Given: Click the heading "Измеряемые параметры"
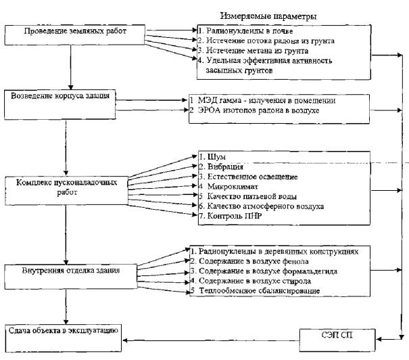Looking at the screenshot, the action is click(x=268, y=16).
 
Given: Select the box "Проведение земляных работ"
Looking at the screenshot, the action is click(x=75, y=35).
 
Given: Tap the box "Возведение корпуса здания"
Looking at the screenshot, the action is click(x=60, y=105).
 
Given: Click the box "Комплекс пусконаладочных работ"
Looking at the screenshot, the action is click(x=66, y=191).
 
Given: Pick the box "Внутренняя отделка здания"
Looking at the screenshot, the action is click(x=71, y=277).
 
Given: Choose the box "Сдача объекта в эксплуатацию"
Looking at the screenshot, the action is click(x=64, y=338).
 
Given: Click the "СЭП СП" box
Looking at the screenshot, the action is click(x=337, y=340).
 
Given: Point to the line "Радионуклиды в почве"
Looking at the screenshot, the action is click(x=245, y=31).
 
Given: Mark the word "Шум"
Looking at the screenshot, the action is click(x=217, y=157).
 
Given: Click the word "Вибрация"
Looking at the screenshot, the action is click(x=225, y=166).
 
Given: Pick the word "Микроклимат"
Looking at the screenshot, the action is click(x=233, y=187).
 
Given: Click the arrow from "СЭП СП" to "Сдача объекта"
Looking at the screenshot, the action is click(x=211, y=340).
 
